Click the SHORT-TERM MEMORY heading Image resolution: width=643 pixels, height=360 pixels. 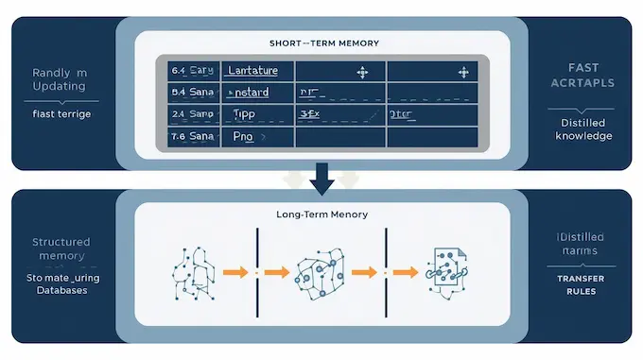click(x=321, y=43)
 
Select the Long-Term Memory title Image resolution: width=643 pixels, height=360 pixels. click(x=321, y=214)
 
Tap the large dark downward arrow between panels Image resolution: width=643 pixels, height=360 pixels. click(x=321, y=177)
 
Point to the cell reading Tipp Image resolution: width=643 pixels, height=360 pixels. click(x=245, y=114)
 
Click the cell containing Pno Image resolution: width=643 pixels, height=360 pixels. click(x=245, y=136)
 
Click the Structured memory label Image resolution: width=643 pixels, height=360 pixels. click(x=61, y=249)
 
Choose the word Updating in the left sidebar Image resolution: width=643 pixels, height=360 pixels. click(x=59, y=86)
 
